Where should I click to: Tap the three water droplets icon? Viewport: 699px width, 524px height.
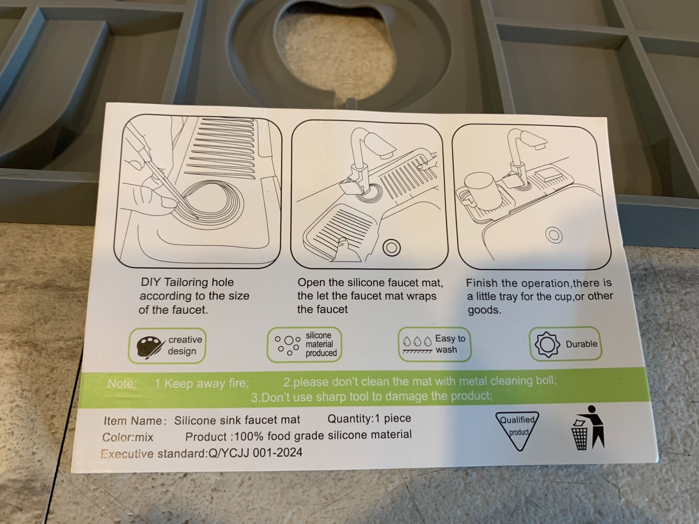tap(417, 342)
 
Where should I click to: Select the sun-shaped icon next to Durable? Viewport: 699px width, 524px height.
tap(547, 344)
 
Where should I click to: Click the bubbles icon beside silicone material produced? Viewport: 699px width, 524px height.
tap(287, 345)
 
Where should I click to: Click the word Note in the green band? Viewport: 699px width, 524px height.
tap(122, 383)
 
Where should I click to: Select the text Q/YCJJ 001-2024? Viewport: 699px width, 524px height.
tap(256, 453)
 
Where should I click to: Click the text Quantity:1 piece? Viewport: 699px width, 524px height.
tap(369, 418)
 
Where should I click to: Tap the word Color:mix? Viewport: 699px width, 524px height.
tap(128, 437)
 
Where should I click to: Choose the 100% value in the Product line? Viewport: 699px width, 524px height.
tap(249, 436)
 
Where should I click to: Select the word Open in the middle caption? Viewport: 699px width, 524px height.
tap(311, 283)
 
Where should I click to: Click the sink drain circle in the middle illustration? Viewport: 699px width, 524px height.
tap(391, 247)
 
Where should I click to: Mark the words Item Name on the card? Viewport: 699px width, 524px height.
tap(133, 421)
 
